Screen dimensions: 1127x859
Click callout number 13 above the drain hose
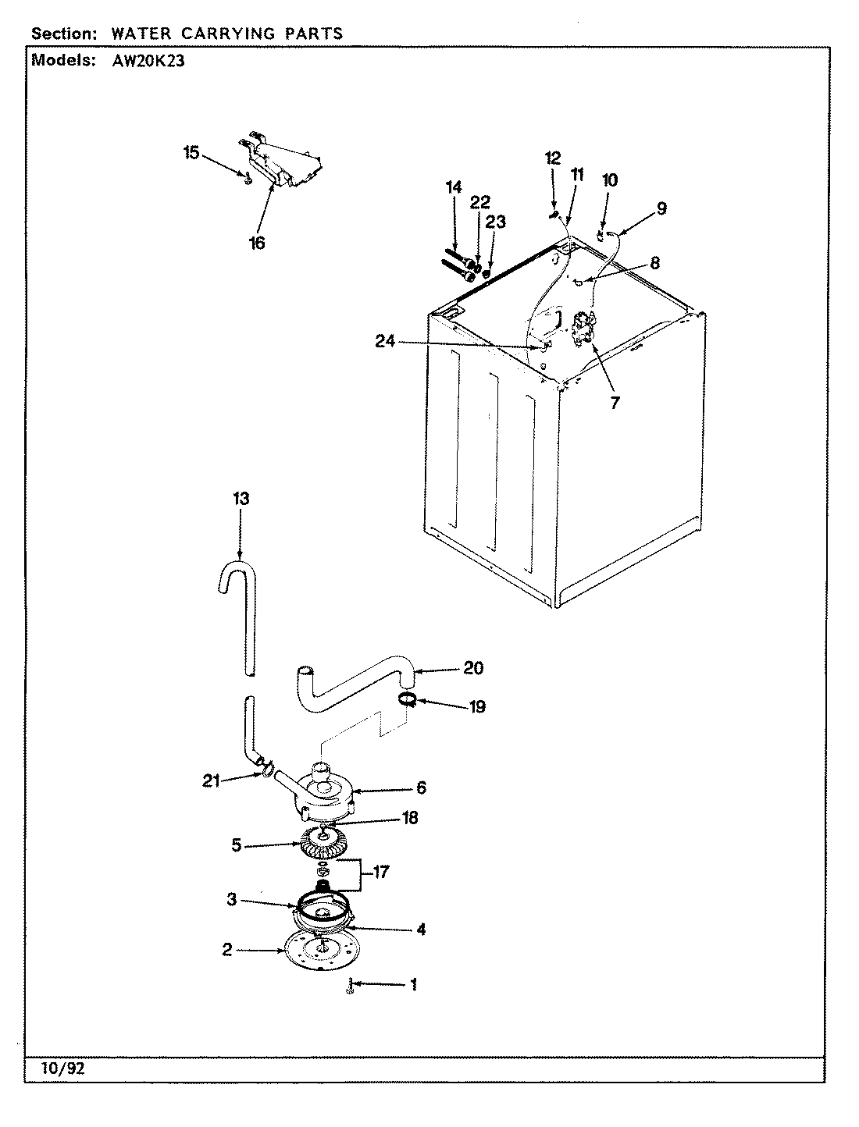(x=241, y=500)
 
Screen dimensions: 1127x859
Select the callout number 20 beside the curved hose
(x=473, y=668)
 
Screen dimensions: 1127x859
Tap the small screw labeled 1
(x=351, y=987)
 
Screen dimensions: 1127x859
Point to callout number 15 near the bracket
(x=191, y=152)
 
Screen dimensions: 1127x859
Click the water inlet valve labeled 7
(x=585, y=328)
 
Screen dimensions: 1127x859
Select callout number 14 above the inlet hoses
(x=454, y=187)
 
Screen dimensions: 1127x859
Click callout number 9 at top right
(x=661, y=208)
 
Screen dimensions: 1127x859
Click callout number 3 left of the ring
(x=232, y=900)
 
